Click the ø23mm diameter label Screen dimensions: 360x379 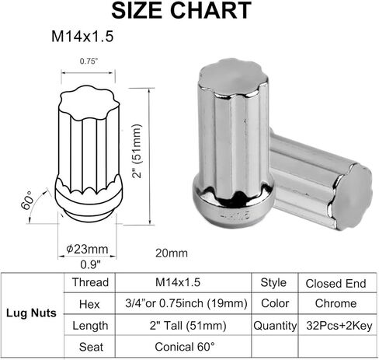click(x=86, y=249)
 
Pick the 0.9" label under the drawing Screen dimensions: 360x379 click(x=86, y=263)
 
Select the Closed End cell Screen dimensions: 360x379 click(x=337, y=282)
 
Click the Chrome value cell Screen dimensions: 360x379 click(x=337, y=304)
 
